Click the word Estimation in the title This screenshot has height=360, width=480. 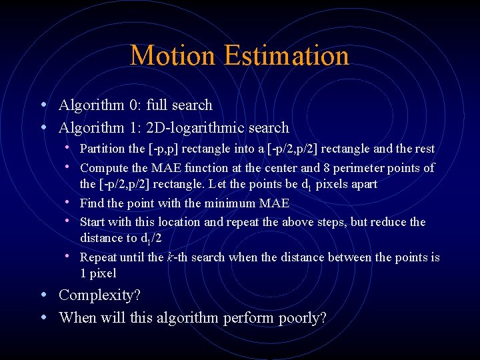pos(287,56)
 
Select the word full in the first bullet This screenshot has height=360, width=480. pos(157,105)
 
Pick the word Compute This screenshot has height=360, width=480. pos(102,168)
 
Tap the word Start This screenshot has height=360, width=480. pos(92,222)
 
